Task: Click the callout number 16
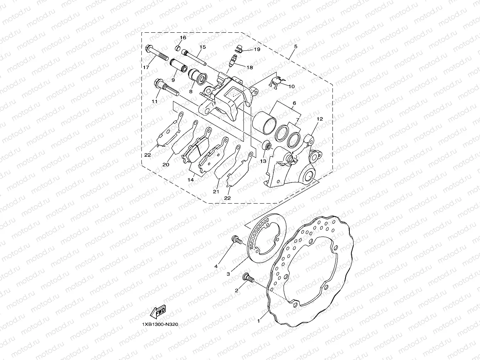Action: [183, 38]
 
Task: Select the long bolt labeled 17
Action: [158, 55]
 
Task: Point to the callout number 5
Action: [295, 47]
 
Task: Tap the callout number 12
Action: [319, 119]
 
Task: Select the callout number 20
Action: [166, 164]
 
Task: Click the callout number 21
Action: [216, 191]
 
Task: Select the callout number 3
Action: [228, 274]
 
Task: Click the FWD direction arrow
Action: [158, 312]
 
